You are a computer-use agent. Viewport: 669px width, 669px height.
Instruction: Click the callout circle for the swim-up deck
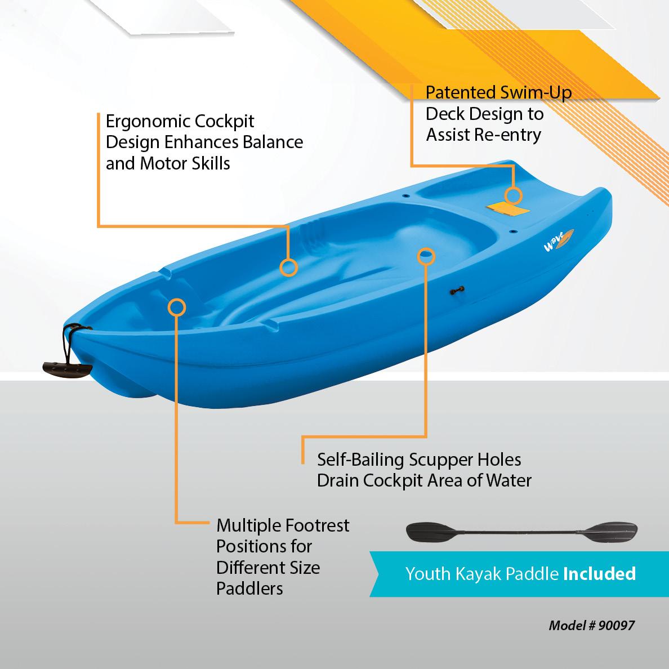coord(513,195)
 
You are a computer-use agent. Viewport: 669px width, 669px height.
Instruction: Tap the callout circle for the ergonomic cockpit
coord(288,267)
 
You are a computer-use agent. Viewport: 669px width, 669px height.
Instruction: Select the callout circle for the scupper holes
coord(426,255)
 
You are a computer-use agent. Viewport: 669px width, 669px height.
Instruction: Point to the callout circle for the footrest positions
coord(177,307)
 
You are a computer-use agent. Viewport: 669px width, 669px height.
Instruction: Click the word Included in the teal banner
coord(599,573)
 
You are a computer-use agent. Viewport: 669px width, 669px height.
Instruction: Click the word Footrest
coord(317,525)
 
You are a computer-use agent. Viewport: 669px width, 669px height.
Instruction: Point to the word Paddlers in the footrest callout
coord(249,588)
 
